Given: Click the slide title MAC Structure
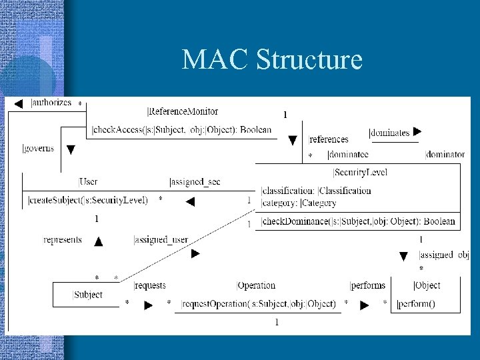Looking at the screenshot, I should (272, 60).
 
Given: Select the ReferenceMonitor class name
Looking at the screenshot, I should (180, 111).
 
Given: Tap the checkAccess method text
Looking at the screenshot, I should (181, 129).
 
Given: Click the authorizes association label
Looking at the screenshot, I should (51, 103).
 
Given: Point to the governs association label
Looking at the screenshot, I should (39, 148).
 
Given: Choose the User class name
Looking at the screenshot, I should (88, 181).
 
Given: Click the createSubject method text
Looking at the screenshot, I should (88, 199).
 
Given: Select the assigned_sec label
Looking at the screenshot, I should (195, 181).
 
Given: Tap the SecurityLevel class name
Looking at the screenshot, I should (360, 173).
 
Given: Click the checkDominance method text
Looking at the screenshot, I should (359, 221).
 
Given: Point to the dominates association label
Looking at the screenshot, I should (389, 133).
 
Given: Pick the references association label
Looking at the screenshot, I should (329, 139).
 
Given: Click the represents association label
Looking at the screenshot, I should (63, 240).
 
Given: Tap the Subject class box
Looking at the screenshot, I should (88, 294).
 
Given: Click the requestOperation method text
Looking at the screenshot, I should (259, 304).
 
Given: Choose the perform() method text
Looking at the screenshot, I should (415, 304).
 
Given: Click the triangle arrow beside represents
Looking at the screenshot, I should (99, 241).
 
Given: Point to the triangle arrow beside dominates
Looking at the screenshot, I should (418, 132).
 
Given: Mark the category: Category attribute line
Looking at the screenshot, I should (299, 203).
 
